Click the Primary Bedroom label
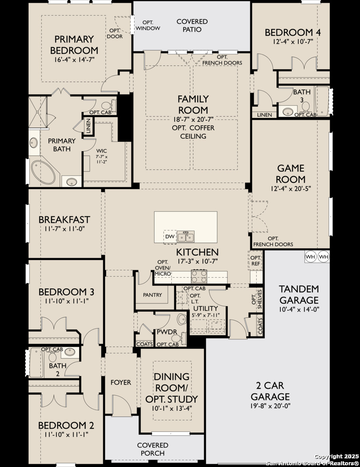[x=74, y=45]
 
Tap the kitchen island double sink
[x=186, y=237]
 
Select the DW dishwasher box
[x=170, y=237]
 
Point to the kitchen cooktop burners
[x=199, y=276]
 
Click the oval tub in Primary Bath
[x=44, y=173]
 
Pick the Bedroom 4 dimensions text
[x=292, y=42]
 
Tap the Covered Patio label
[x=192, y=26]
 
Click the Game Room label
[x=291, y=174]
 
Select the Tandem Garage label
[x=299, y=294]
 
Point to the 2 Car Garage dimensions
[x=270, y=405]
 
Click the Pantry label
[x=152, y=295]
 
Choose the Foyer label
[x=121, y=382]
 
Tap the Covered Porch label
[x=153, y=449]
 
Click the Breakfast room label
[x=64, y=220]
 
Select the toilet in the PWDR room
[x=178, y=338]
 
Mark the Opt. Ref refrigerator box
[x=255, y=261]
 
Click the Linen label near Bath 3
[x=264, y=115]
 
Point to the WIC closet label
[x=101, y=151]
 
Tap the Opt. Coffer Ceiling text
[x=193, y=132]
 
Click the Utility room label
[x=206, y=308]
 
